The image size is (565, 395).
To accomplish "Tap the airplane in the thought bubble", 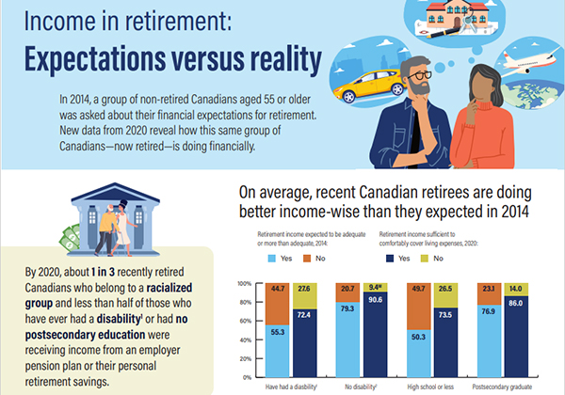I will pyautogui.click(x=525, y=63).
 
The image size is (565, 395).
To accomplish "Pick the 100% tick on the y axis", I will pyautogui.click(x=243, y=283).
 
